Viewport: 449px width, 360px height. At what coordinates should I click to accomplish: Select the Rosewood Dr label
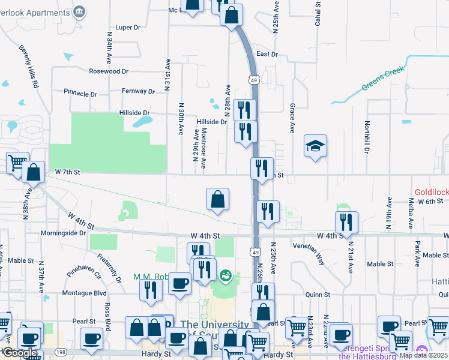[x=109, y=71]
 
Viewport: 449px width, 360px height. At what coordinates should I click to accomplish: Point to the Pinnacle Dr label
[x=80, y=94]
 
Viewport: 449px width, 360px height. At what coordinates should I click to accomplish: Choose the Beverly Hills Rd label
[x=28, y=67]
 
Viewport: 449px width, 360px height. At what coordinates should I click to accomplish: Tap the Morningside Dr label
[x=64, y=233]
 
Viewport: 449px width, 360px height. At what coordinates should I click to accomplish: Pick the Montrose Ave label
[x=204, y=148]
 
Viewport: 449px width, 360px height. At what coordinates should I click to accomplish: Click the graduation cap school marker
[x=315, y=146]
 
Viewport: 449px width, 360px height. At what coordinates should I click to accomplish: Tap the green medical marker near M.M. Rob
[x=226, y=276]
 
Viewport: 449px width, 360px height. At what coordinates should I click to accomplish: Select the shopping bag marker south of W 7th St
[x=218, y=199]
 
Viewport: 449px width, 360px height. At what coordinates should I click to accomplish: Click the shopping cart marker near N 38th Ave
[x=17, y=162]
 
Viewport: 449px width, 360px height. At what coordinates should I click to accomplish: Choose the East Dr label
[x=267, y=54]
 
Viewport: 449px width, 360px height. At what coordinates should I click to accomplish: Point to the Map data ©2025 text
[x=423, y=355]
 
